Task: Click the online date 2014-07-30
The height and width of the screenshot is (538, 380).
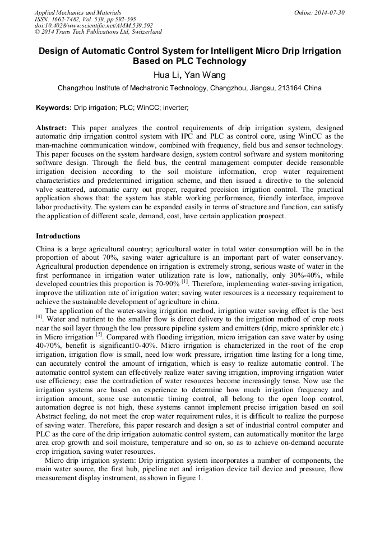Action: point(330,12)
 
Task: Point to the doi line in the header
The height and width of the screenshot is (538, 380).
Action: point(94,26)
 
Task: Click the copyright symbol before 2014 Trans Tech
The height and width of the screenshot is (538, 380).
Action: point(38,33)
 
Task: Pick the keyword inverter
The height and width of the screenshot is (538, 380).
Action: point(175,107)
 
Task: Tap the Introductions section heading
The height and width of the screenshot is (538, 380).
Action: point(58,236)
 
